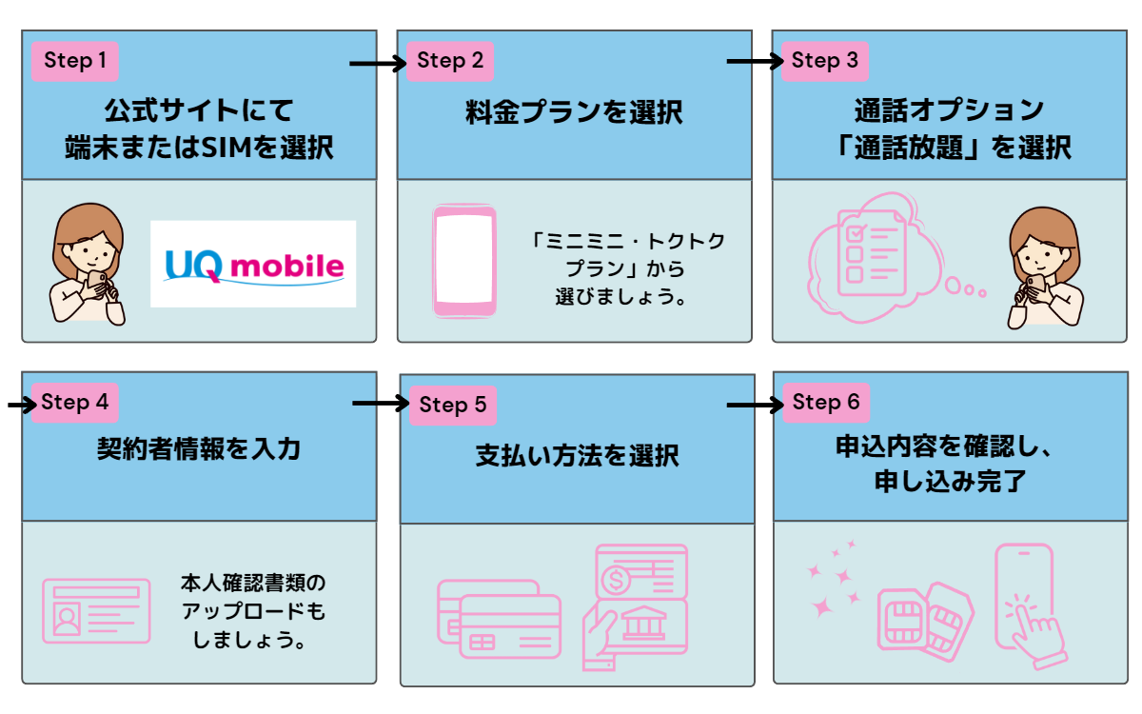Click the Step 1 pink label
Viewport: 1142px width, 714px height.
click(x=75, y=62)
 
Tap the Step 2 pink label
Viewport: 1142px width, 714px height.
click(x=450, y=62)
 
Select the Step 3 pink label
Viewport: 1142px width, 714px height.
click(x=825, y=61)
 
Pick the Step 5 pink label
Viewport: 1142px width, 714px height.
click(x=452, y=406)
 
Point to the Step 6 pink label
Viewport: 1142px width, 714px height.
click(x=826, y=403)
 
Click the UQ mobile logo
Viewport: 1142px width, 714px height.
click(x=253, y=265)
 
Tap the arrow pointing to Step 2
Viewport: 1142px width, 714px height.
click(x=378, y=64)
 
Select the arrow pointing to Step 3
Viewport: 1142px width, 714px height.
click(x=754, y=63)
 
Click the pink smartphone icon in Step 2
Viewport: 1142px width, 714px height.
click(x=464, y=260)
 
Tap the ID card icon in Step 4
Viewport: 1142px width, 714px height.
click(x=95, y=609)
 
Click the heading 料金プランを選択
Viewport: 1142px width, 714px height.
click(x=574, y=111)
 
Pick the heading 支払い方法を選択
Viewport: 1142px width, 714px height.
click(x=577, y=455)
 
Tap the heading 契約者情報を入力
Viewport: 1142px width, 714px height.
click(x=198, y=448)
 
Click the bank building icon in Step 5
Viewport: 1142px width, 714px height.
click(x=638, y=624)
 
